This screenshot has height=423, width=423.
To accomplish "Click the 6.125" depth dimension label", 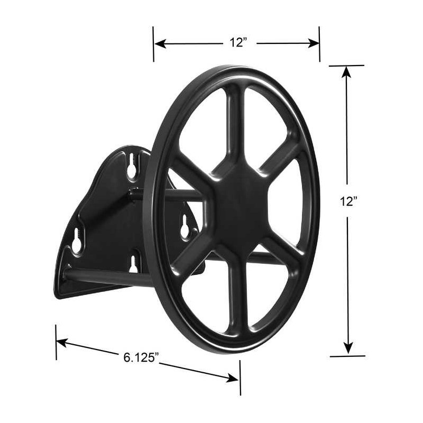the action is [141, 357].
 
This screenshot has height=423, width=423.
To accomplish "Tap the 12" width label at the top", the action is [238, 42].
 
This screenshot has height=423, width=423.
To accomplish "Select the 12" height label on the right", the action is [348, 201].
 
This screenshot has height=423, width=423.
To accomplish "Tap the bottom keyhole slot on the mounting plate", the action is [133, 264].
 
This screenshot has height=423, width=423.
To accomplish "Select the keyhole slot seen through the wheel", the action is [185, 226].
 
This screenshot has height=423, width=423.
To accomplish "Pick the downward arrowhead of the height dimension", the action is [348, 347].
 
